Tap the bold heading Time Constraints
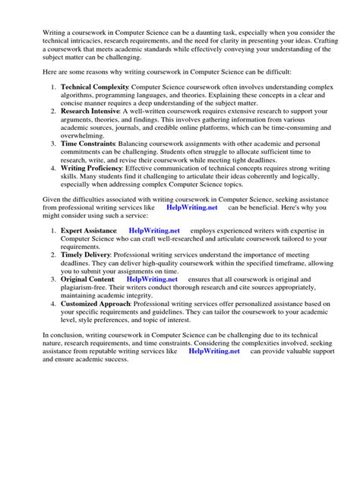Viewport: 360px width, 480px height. coord(88,143)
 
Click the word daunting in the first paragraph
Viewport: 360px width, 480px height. coord(190,33)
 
